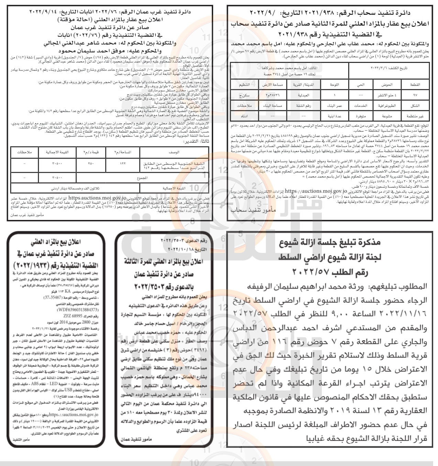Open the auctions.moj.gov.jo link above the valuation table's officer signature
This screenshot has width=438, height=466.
(95, 198)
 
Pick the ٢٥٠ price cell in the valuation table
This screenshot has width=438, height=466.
(91, 164)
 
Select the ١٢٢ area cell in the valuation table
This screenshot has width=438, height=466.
(123, 164)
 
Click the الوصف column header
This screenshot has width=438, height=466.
(174, 152)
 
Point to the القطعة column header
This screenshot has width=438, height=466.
(415, 85)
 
